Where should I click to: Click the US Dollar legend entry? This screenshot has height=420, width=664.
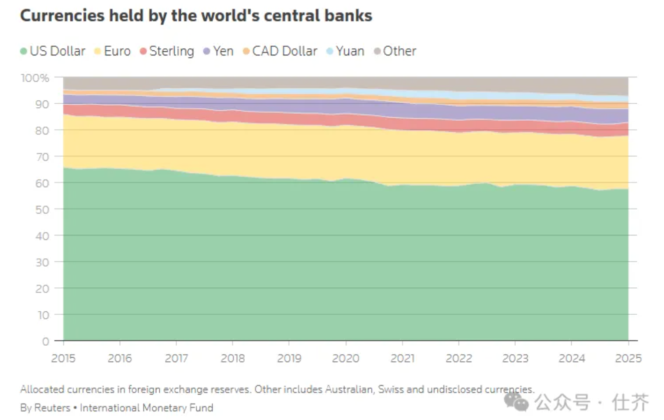coord(52,51)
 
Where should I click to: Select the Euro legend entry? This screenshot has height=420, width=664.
coord(112,51)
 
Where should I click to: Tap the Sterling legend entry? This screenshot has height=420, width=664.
coord(167,51)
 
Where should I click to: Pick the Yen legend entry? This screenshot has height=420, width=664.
coord(218,51)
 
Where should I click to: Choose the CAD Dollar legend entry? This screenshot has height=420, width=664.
coord(280,51)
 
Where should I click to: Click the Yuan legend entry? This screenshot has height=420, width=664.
coord(345,51)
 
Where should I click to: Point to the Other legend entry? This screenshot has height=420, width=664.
coord(395,51)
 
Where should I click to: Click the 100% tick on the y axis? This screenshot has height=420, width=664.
coord(35,78)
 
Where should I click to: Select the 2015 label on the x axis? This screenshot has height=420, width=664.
coord(63,359)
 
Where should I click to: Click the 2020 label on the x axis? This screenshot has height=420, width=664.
coord(345,359)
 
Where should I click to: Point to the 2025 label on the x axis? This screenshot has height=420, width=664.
coord(628,359)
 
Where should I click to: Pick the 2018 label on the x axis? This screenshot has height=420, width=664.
coord(233,359)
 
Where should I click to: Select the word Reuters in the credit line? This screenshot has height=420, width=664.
coord(52,408)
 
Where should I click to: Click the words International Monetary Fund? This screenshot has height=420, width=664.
coord(146,408)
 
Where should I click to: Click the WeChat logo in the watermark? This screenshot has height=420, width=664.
coord(516,401)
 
